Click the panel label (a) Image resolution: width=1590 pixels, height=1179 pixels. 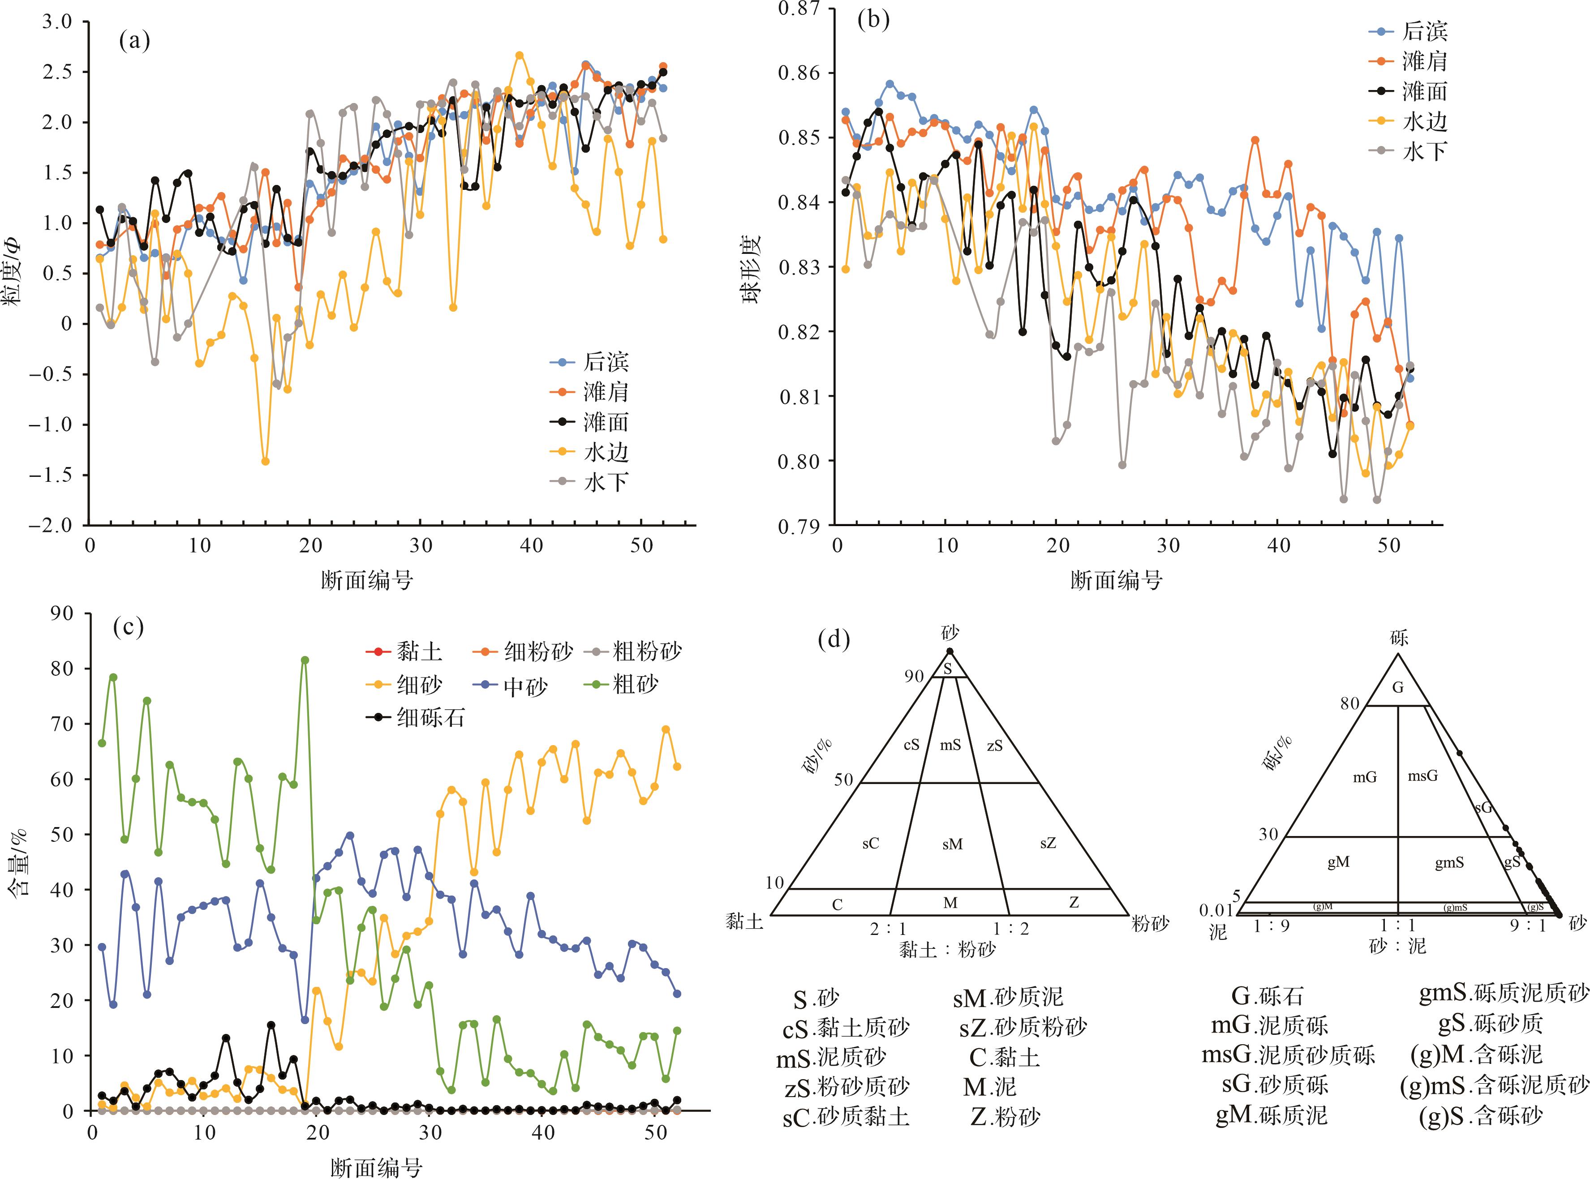[x=135, y=41]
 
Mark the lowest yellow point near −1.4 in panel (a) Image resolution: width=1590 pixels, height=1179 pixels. [x=266, y=462]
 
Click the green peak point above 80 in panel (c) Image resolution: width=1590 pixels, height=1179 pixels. [x=305, y=660]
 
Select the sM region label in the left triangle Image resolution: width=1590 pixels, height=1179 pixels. [x=952, y=844]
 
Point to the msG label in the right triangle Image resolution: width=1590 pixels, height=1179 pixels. [x=1422, y=776]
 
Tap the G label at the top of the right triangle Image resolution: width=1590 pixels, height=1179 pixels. [x=1398, y=688]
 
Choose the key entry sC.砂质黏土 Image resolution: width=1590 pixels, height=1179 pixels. [x=846, y=1117]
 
